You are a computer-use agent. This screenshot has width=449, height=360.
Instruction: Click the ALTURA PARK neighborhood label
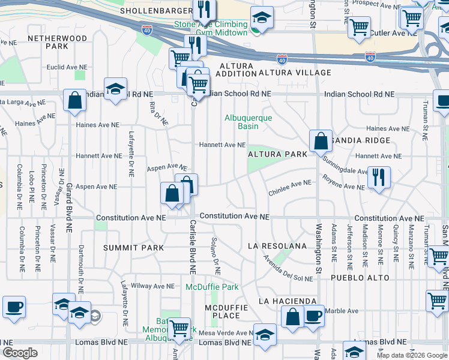pyautogui.click(x=277, y=154)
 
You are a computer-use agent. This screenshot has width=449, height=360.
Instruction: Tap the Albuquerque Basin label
pyautogui.click(x=249, y=122)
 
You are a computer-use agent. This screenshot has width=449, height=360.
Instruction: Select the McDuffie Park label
pyautogui.click(x=212, y=287)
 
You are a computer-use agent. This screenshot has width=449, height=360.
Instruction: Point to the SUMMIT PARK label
pyautogui.click(x=133, y=248)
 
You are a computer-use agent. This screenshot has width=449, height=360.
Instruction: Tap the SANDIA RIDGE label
pyautogui.click(x=359, y=140)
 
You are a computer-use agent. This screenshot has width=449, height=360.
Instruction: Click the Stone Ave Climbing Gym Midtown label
pyautogui.click(x=211, y=28)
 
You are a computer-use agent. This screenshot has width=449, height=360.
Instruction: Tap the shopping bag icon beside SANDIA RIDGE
pyautogui.click(x=321, y=141)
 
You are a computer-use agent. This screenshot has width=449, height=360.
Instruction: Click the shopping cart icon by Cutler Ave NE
pyautogui.click(x=359, y=26)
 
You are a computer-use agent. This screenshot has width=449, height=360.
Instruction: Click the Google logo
pyautogui.click(x=20, y=353)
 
